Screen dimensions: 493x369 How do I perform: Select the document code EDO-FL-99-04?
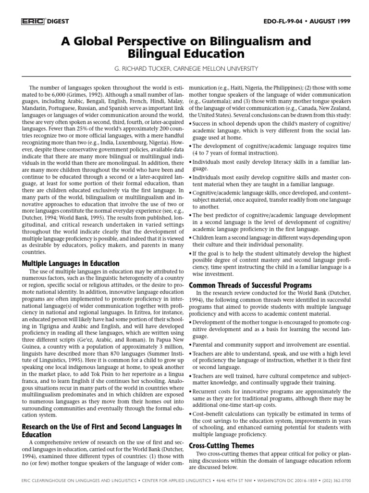coord(286,21)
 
